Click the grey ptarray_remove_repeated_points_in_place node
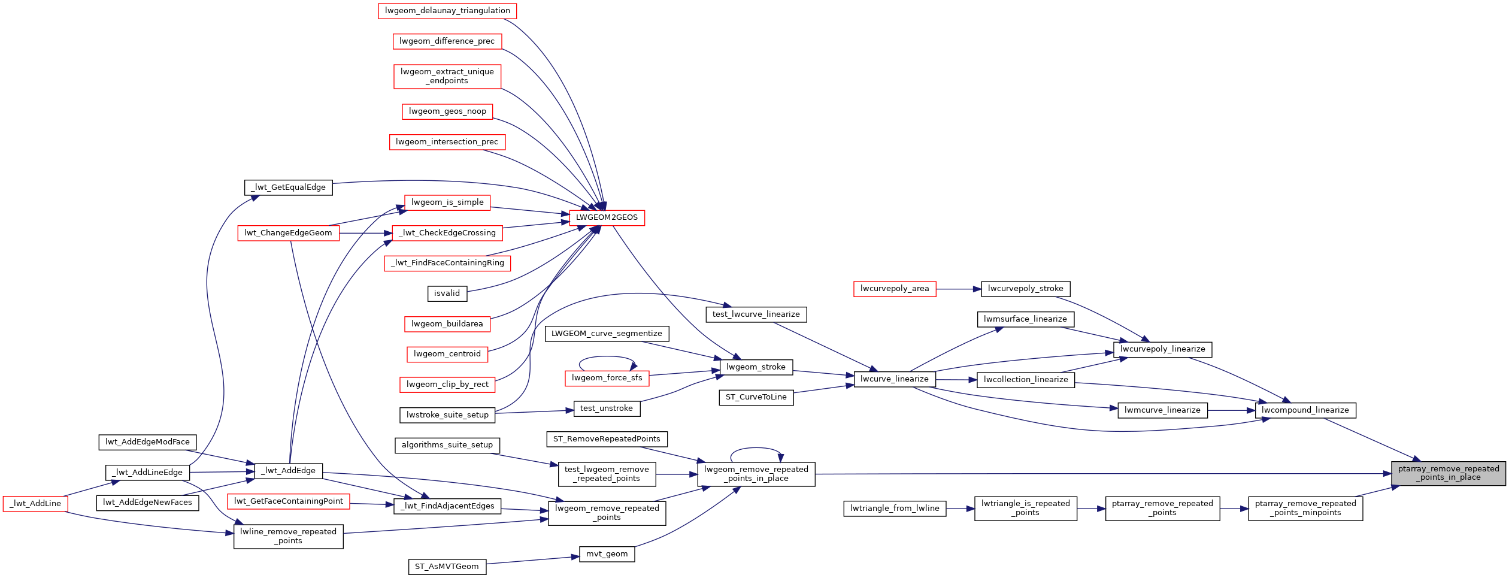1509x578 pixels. [x=1448, y=473]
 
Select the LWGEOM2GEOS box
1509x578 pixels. [x=607, y=217]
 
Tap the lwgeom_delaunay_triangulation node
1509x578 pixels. [x=447, y=11]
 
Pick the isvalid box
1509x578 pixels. [x=447, y=293]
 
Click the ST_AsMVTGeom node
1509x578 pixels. [x=447, y=567]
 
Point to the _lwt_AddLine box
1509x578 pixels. [x=35, y=504]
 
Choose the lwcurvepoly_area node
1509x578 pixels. [x=894, y=289]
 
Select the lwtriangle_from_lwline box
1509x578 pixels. [x=895, y=509]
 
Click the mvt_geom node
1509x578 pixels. [x=607, y=554]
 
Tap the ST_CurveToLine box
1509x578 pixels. [x=756, y=397]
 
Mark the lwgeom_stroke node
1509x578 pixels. [x=756, y=367]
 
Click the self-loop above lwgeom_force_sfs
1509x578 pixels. [x=607, y=357]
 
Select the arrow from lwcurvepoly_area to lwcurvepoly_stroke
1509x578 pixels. [x=958, y=289]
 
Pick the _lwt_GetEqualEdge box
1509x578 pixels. [x=288, y=187]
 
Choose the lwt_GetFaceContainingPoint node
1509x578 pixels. [x=289, y=501]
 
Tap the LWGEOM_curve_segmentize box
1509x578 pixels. [x=607, y=334]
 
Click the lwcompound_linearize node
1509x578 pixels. [x=1305, y=410]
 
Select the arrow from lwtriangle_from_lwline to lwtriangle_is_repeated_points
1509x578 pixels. [x=960, y=509]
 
